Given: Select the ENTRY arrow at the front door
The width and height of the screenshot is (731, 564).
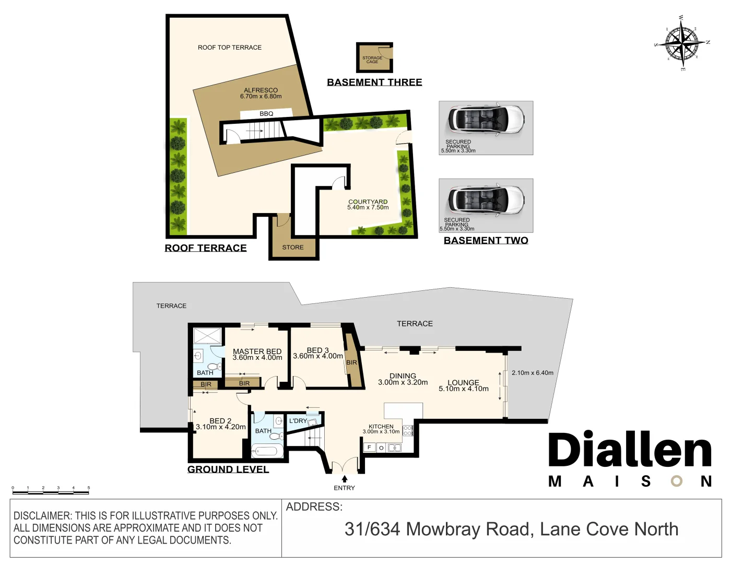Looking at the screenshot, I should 344,478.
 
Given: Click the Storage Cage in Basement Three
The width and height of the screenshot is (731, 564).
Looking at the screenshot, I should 374,58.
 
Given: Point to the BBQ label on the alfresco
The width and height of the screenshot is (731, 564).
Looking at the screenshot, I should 266,114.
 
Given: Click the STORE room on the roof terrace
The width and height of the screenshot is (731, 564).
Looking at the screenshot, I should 293,247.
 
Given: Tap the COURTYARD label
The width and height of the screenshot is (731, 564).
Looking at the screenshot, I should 368,202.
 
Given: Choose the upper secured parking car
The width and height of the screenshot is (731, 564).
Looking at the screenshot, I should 486,120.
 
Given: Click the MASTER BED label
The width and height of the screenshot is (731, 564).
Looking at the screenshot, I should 257,351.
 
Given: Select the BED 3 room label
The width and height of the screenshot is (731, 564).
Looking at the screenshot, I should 317,350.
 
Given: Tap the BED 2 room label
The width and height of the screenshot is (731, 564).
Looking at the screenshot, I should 220,421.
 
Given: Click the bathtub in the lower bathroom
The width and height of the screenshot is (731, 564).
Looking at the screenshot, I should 267,451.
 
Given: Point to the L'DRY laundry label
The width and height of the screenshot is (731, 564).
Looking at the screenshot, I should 298,421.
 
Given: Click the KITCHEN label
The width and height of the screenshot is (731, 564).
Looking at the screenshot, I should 381,427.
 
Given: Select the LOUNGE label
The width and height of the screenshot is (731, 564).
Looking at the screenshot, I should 463,383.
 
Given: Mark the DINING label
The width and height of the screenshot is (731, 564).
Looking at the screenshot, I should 403,376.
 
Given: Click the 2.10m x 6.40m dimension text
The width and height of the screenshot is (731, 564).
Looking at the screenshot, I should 532,373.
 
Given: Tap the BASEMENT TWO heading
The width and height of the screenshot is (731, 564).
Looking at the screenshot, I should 486,240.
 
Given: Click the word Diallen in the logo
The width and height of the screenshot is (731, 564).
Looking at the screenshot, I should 630,450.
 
